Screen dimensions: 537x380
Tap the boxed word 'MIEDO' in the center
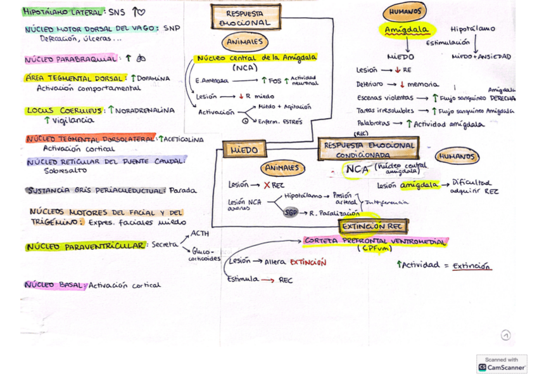[x=244, y=150]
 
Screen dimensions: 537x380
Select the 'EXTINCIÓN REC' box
[x=373, y=226]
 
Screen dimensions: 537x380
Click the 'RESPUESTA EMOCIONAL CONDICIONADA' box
[x=369, y=150]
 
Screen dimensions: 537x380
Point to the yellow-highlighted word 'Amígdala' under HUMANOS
[x=407, y=30]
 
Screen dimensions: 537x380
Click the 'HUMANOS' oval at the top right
[x=405, y=11]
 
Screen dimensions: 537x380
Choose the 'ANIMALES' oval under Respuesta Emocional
[x=244, y=42]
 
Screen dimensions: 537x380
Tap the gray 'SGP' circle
[x=291, y=213]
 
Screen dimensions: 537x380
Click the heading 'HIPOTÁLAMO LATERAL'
[x=63, y=11]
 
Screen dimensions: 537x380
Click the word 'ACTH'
[x=199, y=234]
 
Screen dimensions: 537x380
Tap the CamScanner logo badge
[x=502, y=364]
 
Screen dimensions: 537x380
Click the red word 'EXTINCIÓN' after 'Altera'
[x=308, y=261]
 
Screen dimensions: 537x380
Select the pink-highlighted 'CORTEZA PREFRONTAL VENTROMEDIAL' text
[x=376, y=241]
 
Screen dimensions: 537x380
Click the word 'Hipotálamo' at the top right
[x=472, y=29]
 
